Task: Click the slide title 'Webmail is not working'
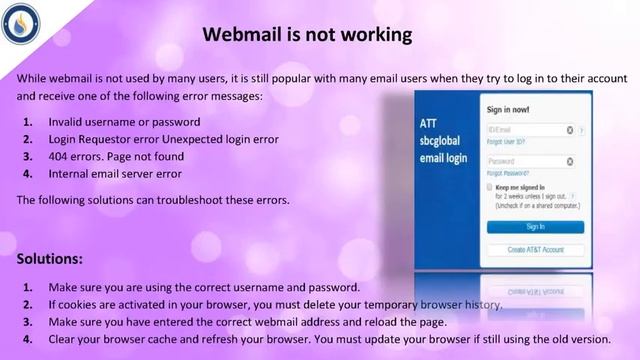pyautogui.click(x=307, y=35)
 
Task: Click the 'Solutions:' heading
pyautogui.click(x=50, y=259)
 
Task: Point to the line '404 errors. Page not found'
pyautogui.click(x=116, y=157)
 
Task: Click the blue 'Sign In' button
pyautogui.click(x=535, y=227)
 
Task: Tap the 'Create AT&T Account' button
pyautogui.click(x=535, y=248)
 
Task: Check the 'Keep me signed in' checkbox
pyautogui.click(x=489, y=187)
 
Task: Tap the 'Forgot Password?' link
pyautogui.click(x=508, y=173)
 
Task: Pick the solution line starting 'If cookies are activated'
pyautogui.click(x=275, y=304)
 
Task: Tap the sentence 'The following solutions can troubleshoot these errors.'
pyautogui.click(x=153, y=200)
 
